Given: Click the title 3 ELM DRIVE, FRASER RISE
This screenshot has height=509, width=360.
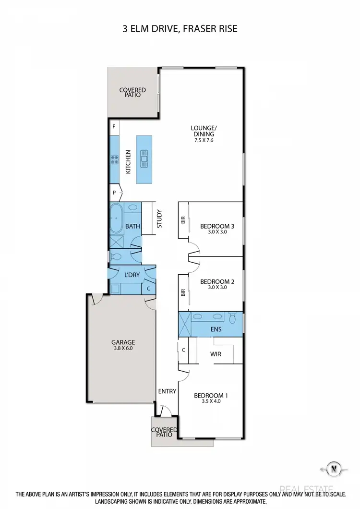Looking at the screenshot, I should (180, 29).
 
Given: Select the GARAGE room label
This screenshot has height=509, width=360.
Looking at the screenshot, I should (123, 342).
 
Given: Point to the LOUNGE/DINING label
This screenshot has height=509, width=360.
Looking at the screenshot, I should (204, 131).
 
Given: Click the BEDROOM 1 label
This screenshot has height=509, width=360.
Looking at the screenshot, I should (211, 396).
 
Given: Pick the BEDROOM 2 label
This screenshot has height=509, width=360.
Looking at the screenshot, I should (217, 282).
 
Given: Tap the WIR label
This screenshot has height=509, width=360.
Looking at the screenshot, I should (216, 354).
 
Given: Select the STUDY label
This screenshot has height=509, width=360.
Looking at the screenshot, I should (159, 218).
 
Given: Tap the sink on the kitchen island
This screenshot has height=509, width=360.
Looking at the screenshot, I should (144, 158).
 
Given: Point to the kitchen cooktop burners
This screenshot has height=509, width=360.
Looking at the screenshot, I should (115, 158).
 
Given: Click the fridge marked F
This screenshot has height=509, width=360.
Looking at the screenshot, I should (114, 127).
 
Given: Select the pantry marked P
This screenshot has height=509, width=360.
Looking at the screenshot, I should (114, 193).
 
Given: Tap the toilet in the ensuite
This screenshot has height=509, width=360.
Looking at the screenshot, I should (233, 318).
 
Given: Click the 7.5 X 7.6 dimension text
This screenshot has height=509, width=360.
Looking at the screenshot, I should (204, 140).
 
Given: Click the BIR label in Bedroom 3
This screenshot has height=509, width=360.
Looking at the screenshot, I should (183, 220).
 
